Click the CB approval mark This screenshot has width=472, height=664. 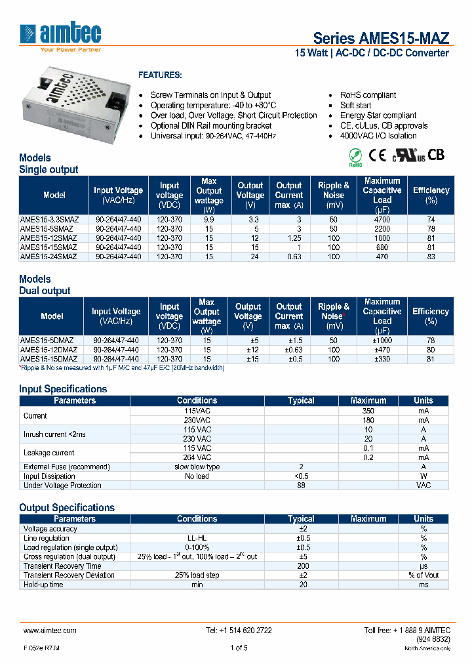point(436,155)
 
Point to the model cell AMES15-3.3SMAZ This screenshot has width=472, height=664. point(50,219)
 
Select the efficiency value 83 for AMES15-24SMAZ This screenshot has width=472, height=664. point(431,257)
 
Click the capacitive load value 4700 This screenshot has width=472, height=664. point(382,219)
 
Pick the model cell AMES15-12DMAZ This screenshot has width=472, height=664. point(49,350)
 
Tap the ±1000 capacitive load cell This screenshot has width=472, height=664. point(382,341)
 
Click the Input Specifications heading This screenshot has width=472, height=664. point(63,389)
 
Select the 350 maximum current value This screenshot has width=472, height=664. point(368,410)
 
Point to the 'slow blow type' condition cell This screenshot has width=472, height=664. point(197,467)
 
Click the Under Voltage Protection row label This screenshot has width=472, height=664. point(62,486)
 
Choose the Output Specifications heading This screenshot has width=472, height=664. point(67,507)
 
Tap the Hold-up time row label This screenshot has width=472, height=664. point(43,584)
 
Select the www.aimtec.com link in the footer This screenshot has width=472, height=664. point(50,630)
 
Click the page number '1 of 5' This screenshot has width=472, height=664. point(239,648)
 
